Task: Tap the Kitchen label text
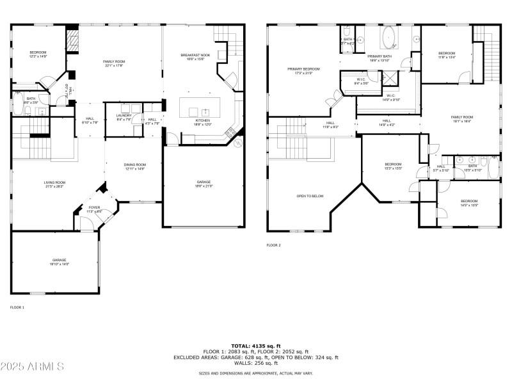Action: coord(202,122)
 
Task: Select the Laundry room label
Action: coord(124,116)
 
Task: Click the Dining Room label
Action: coord(134,166)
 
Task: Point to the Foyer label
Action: coord(94,209)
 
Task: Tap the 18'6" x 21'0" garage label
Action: coord(204,184)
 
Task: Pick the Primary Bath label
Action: coord(379,58)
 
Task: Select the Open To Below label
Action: coord(309,196)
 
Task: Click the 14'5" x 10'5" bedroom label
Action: coord(470,204)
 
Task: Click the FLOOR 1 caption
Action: coord(17,308)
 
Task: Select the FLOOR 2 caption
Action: coord(274,245)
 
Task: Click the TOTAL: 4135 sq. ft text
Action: coord(256,346)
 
